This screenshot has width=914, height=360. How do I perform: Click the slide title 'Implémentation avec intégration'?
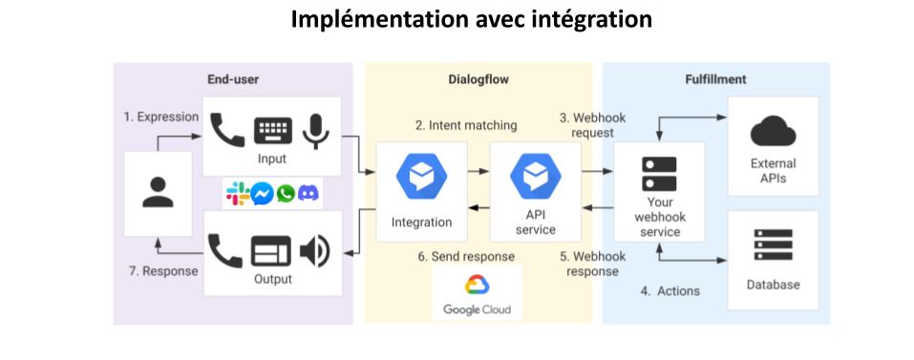pos(472,19)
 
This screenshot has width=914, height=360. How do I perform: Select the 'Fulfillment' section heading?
pos(715,79)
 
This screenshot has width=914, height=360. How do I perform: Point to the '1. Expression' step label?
pos(160,116)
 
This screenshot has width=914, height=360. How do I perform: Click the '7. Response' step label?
pos(162,270)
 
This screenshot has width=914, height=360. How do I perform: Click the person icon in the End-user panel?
pos(157,190)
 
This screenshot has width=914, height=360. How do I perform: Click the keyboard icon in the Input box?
pos(272,130)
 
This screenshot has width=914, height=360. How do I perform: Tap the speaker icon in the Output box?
pos(314,250)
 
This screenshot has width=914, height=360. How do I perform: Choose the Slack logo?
pos(237,194)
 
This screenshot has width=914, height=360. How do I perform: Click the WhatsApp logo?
pos(286,194)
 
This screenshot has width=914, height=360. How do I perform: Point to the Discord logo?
pos(308,194)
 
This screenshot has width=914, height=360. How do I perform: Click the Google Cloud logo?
pos(477,286)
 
